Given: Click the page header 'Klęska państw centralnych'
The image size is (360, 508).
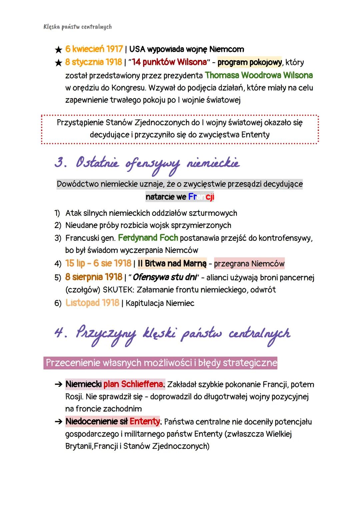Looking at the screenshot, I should tap(77, 27).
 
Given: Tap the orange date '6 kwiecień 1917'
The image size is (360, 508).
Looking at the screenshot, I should tap(94, 49).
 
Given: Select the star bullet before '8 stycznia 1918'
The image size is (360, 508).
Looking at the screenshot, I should tap(58, 63).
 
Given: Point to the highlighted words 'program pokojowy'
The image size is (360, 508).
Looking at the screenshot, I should tap(249, 62).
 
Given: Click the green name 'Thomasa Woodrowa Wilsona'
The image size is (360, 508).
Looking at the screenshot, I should tap(259, 75).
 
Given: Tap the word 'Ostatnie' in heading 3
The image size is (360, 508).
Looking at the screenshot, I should tap(97, 163).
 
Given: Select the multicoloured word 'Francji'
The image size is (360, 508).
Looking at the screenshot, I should tap(201, 197).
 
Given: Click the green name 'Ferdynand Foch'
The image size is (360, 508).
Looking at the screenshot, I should tap(148, 238).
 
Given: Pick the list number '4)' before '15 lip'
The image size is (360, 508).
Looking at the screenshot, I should tap(58, 264).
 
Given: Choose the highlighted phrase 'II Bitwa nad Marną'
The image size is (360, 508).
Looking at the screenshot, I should tap(172, 263).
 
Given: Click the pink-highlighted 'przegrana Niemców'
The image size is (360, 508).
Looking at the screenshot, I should tap(249, 264).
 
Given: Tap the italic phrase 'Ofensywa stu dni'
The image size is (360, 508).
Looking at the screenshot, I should tap(166, 277).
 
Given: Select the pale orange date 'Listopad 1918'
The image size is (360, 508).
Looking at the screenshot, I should tap(92, 303).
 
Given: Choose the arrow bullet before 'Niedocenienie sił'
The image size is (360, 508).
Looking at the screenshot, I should tap(58, 422).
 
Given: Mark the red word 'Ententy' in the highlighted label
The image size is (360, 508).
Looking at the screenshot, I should tap(145, 421).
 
